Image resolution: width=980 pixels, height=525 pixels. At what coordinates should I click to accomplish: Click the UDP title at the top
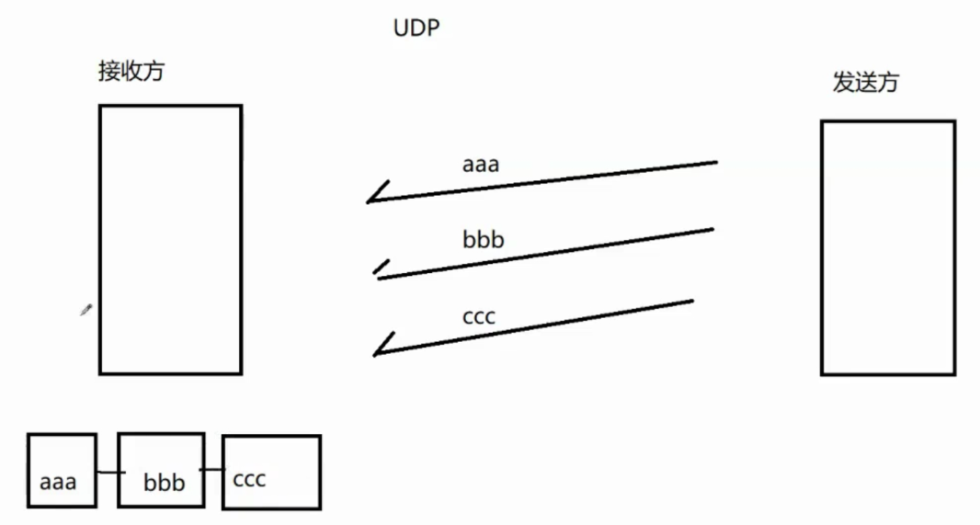click(416, 29)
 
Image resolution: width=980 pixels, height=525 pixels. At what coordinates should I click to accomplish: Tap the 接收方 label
click(131, 72)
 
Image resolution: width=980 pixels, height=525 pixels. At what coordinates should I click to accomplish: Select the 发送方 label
click(865, 83)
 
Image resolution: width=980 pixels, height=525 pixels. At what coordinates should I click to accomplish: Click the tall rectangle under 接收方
click(170, 239)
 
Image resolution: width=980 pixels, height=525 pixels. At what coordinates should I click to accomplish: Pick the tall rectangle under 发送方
click(887, 247)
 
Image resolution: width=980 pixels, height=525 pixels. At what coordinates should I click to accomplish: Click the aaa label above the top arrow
click(481, 165)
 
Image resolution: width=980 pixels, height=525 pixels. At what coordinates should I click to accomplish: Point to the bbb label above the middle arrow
click(484, 241)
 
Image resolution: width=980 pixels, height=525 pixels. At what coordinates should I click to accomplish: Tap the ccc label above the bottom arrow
click(479, 317)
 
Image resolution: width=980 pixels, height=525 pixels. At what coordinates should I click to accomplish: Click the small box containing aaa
click(62, 470)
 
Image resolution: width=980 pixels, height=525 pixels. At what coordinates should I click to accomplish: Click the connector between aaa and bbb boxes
click(108, 473)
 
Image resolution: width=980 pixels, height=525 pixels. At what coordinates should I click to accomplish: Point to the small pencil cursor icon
click(85, 311)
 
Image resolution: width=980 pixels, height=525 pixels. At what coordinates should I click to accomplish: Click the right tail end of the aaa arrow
click(714, 163)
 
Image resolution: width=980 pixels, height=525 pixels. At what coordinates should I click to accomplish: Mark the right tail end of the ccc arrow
click(690, 301)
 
